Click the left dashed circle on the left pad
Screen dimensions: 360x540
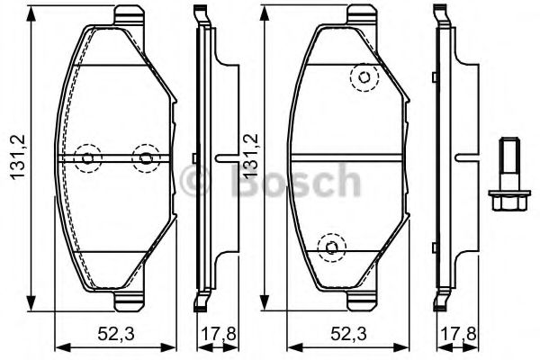87,158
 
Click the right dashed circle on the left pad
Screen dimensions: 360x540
144,158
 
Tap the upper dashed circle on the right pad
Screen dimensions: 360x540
363,78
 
